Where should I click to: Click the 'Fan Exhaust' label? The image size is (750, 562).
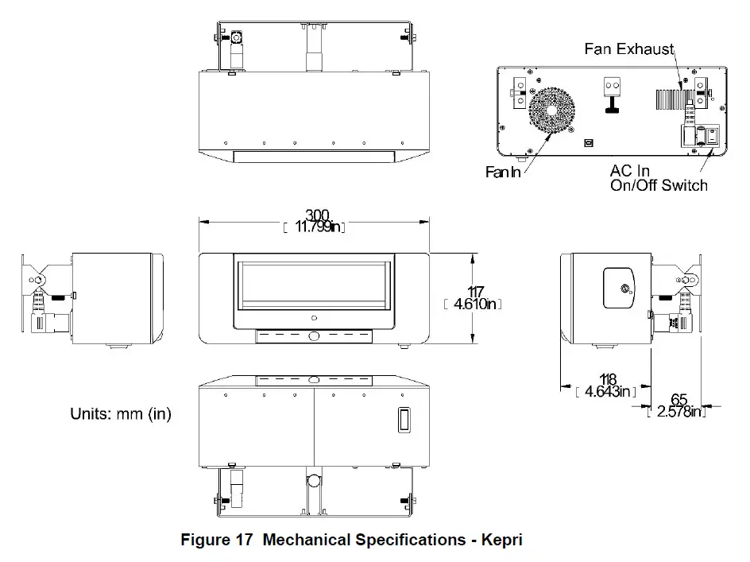point(628,49)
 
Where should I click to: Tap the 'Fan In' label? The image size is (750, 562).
point(503,171)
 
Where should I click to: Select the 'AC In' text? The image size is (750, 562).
point(629,170)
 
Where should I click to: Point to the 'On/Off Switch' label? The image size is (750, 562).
point(658,185)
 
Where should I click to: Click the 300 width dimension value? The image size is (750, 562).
point(315,215)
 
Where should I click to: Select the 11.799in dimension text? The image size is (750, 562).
point(316,228)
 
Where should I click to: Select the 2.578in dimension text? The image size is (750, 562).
point(677,411)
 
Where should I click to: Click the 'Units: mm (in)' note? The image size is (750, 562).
point(121,414)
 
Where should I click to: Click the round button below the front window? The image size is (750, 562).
point(314,336)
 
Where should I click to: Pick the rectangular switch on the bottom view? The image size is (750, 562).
point(404,420)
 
